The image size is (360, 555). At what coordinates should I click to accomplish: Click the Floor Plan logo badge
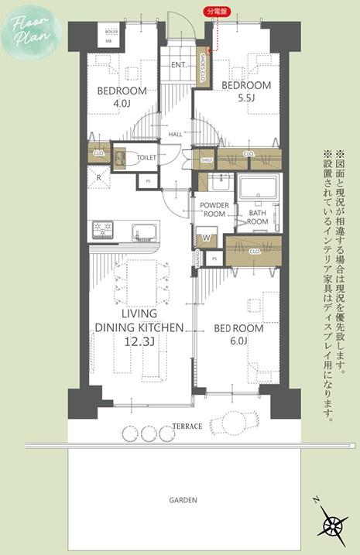pos(29,29)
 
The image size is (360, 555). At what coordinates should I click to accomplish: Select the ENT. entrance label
pos(177,65)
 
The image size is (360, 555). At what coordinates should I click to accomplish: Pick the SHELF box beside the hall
pos(206,160)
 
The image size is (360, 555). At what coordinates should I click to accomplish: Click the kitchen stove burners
pos(104,230)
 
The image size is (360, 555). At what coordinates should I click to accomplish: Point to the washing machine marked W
pos(206,238)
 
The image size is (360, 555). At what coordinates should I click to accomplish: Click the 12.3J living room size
pos(139,341)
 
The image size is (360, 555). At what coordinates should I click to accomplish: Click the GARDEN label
pos(183,500)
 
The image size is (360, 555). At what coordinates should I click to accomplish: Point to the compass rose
pos(333,526)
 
